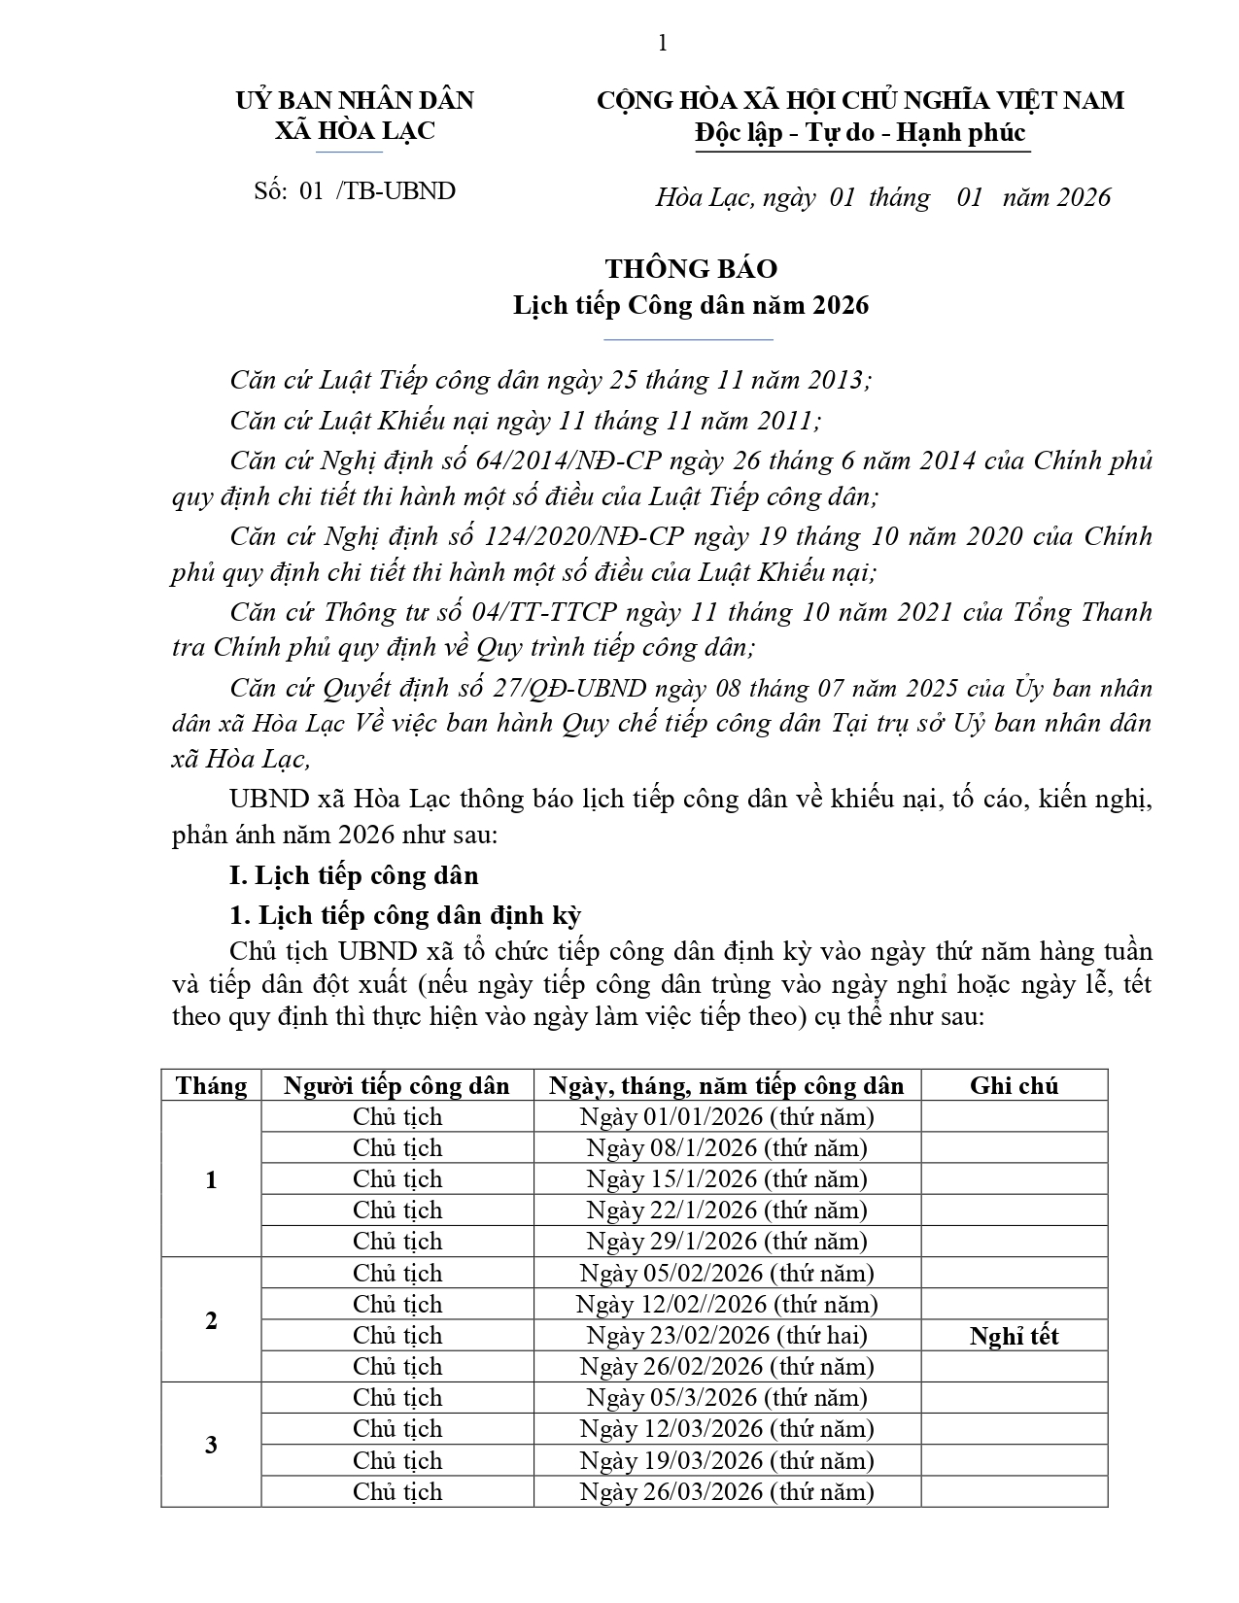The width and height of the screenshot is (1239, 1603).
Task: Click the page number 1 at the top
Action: [x=663, y=43]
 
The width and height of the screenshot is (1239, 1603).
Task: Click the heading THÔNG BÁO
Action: [x=691, y=269]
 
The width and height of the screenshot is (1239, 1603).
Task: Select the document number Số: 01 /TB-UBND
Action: [x=355, y=190]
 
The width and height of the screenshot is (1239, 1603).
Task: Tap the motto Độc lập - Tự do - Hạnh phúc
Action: [x=860, y=132]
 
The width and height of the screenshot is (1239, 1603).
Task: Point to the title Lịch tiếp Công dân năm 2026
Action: [x=691, y=305]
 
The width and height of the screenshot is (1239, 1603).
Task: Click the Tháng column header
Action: [x=211, y=1085]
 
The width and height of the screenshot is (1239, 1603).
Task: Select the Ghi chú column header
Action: [x=1014, y=1085]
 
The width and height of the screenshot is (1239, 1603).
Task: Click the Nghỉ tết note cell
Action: [x=1014, y=1336]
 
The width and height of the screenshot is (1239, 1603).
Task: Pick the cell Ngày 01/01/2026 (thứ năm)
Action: [x=727, y=1116]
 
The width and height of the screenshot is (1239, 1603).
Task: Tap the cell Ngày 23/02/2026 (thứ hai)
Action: [x=727, y=1335]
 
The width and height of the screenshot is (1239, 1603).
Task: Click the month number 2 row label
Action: [x=211, y=1320]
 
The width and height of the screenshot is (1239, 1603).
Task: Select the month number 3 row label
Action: [x=211, y=1445]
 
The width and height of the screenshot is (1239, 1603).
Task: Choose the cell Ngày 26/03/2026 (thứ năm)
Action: [x=727, y=1491]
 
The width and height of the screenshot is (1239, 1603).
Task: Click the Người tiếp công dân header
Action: [x=396, y=1085]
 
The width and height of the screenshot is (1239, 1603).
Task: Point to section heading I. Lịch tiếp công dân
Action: [x=354, y=875]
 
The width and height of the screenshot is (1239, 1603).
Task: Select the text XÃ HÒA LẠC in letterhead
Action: [x=355, y=131]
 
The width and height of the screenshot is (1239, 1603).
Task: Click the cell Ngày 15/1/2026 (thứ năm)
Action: [x=727, y=1178]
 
